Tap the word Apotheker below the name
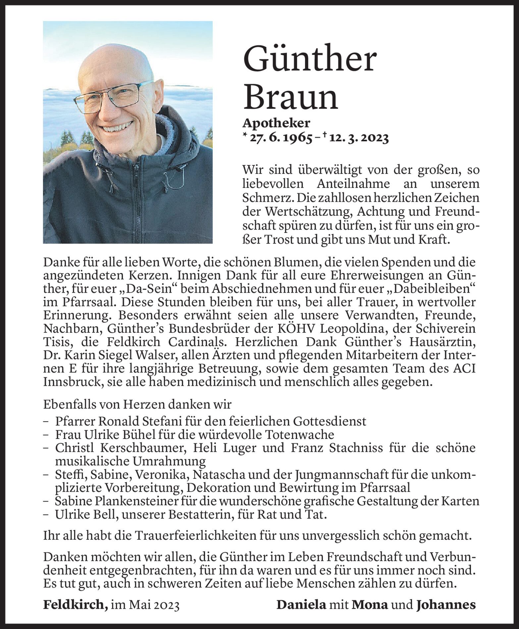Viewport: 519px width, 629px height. click(276, 123)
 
